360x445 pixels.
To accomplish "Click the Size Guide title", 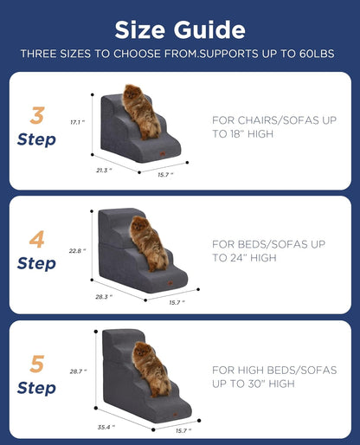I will [180, 29].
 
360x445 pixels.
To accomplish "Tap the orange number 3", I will [37, 116].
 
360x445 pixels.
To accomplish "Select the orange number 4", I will [37, 239].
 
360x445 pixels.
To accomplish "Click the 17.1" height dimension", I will [76, 122].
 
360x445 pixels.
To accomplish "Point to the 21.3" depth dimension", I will [103, 171].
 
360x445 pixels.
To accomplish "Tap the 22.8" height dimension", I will [77, 250].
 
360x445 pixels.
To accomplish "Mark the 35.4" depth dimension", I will [106, 426].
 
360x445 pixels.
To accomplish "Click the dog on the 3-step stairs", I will [140, 110].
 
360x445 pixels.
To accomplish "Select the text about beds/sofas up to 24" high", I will [267, 251].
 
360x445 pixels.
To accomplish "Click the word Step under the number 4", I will [36, 263].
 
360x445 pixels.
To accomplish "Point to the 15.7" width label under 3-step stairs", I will [165, 174].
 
